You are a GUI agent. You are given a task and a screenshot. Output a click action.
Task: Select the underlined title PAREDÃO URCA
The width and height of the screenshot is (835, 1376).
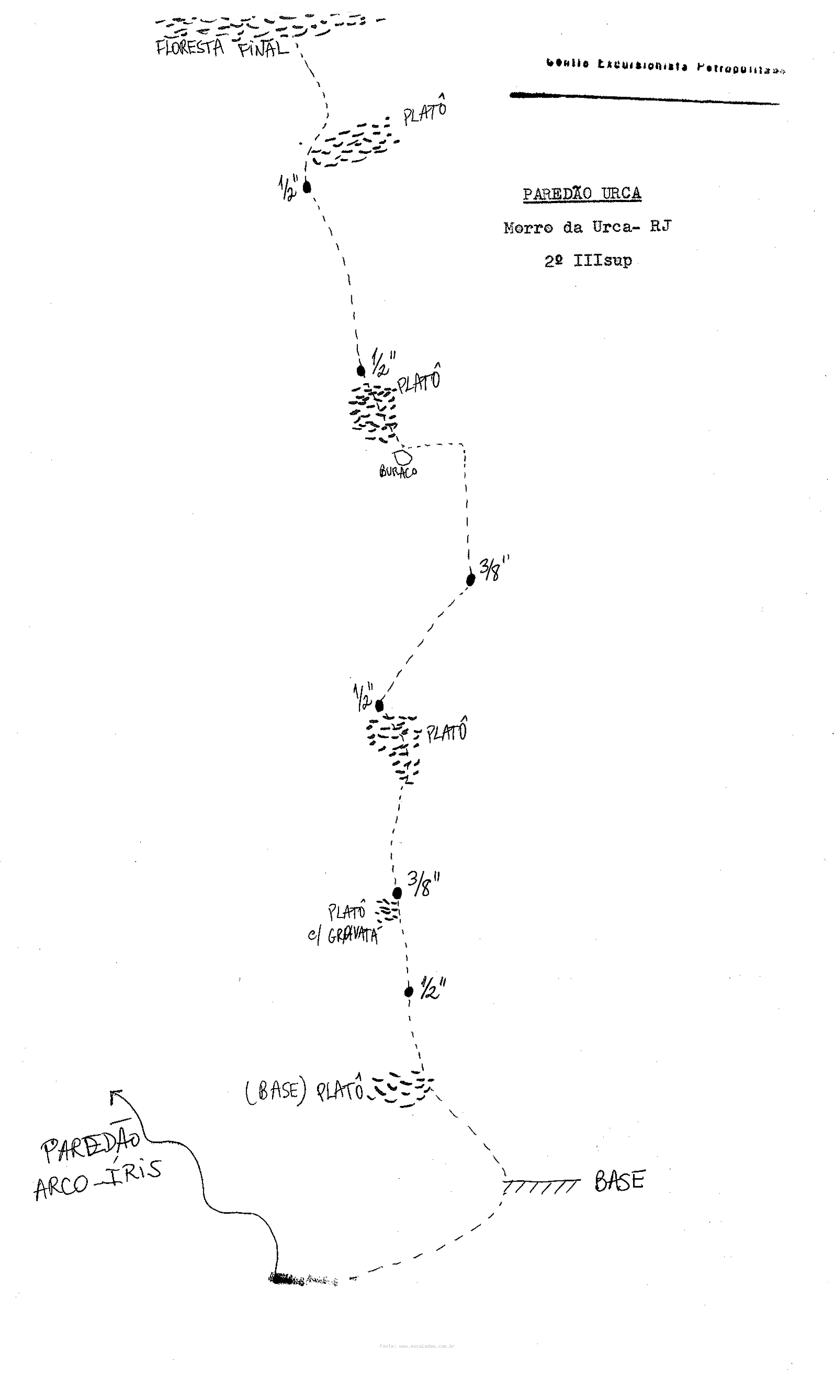[x=581, y=194]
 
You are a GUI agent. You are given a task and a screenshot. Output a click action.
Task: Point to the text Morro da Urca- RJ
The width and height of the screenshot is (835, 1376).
[x=587, y=227]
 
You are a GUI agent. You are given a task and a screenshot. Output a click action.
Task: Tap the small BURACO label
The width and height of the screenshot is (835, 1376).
[x=398, y=472]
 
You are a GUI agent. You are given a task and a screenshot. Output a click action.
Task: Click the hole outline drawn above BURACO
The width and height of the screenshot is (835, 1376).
[x=403, y=457]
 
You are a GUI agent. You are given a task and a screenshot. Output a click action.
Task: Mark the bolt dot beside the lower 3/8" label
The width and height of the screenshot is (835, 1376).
[x=397, y=893]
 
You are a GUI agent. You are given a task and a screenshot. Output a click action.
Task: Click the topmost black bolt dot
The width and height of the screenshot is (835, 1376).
[x=307, y=187]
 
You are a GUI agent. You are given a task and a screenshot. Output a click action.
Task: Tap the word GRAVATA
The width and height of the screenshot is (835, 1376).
[x=353, y=936]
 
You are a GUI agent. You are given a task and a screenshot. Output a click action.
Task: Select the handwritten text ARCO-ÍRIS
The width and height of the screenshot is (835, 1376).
[x=98, y=1182]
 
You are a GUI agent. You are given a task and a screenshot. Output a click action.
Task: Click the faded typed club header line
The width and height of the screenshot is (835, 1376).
[x=664, y=66]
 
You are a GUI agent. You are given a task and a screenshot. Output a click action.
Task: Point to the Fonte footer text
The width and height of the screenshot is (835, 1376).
[x=417, y=1346]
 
